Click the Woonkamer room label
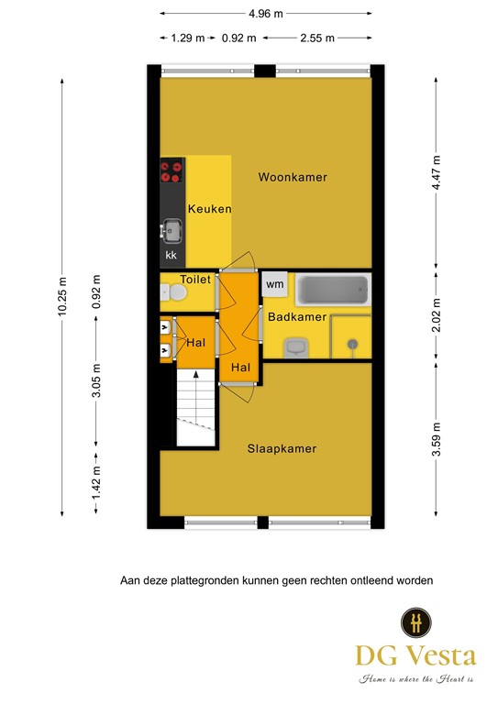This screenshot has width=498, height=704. point(293,177)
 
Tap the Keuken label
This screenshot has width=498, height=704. point(209,209)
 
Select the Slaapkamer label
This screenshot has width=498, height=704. point(282,449)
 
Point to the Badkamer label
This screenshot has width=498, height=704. point(297,317)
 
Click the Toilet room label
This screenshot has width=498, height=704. point(195,280)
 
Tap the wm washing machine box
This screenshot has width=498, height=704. point(274,285)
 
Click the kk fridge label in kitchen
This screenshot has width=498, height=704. point(172,255)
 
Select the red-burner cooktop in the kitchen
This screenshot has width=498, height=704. point(172,171)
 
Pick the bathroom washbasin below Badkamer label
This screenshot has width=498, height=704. point(296,346)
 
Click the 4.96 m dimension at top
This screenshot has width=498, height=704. point(266,14)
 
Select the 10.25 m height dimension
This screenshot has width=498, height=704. point(62,296)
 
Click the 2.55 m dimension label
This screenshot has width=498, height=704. point(316,38)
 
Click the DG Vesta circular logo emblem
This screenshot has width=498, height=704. point(415,622)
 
